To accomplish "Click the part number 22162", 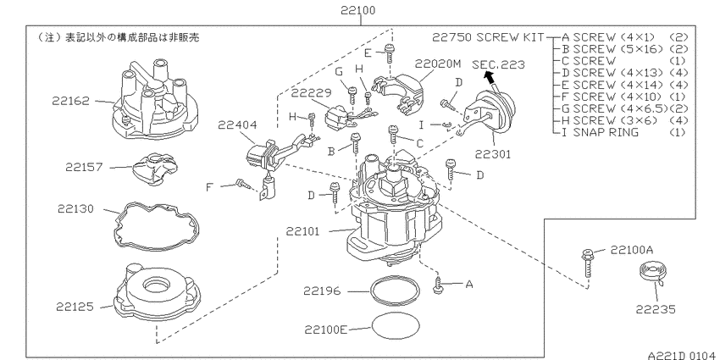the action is (x=70, y=101).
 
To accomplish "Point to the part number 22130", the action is (x=75, y=209).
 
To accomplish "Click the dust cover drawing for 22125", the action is (x=157, y=292).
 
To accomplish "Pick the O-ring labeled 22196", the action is (x=395, y=291).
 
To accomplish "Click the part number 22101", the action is (x=302, y=231).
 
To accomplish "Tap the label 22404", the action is (x=237, y=125).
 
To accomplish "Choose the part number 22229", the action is (x=311, y=93).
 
